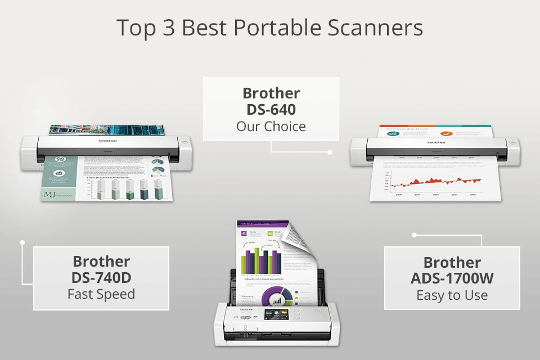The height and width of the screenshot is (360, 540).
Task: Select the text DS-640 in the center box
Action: pos(271,109)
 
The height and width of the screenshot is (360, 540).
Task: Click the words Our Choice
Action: pos(271,125)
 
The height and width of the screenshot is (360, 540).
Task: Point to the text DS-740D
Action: pos(101,277)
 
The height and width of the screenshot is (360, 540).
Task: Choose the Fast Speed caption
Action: pos(101,294)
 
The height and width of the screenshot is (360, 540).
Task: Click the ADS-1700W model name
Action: pos(452,278)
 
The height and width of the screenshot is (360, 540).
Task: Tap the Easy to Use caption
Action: pos(452,295)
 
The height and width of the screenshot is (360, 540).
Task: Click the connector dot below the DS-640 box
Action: pos(330,152)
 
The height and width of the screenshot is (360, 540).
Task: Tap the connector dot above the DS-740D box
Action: pos(22,243)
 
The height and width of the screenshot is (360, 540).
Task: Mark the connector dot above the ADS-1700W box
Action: pos(415,234)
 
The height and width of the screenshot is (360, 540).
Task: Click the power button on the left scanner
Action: pos(186,142)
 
